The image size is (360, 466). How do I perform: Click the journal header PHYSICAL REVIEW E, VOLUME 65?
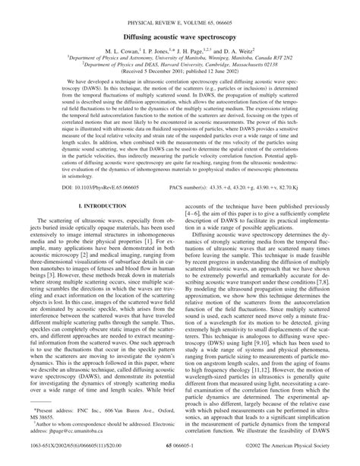pos(179,9)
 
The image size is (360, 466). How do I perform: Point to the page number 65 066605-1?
pos(180,459)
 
